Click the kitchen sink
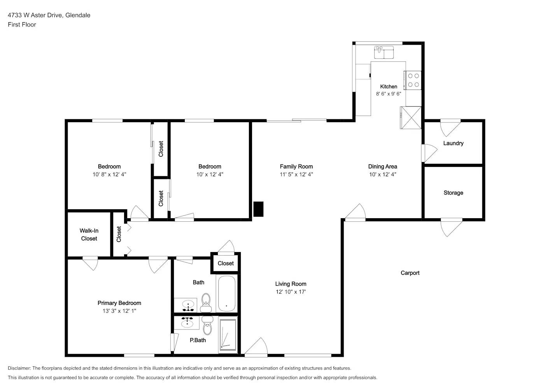click(x=384, y=52)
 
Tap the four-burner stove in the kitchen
click(x=413, y=80)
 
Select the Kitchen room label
click(x=389, y=86)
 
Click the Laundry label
click(x=453, y=143)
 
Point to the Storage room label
click(x=453, y=193)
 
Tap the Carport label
click(x=410, y=273)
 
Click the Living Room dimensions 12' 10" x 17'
click(x=291, y=292)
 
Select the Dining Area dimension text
click(x=382, y=174)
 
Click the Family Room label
click(x=296, y=166)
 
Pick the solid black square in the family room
click(x=258, y=209)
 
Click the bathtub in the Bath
click(x=227, y=293)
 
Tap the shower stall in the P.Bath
click(x=228, y=335)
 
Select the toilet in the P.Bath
click(x=208, y=325)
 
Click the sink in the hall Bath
click(x=188, y=305)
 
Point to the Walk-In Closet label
click(x=89, y=235)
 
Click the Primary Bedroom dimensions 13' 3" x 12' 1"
click(x=119, y=311)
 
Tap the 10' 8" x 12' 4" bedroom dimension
click(x=109, y=174)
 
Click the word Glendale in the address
click(x=78, y=15)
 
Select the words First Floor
click(x=22, y=25)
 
